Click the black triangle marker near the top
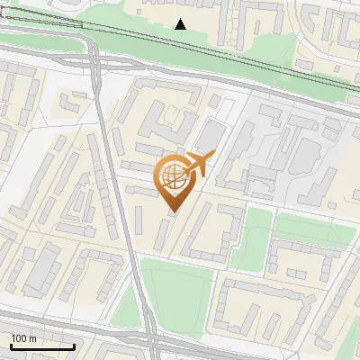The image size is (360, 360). [x=181, y=24]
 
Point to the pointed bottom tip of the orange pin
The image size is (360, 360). [x=172, y=211]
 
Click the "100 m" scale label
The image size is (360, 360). [x=24, y=337]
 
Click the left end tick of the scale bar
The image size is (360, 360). [x=11, y=345]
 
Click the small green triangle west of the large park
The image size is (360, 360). [x=125, y=306]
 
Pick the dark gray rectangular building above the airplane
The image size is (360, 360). [x=210, y=135]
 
